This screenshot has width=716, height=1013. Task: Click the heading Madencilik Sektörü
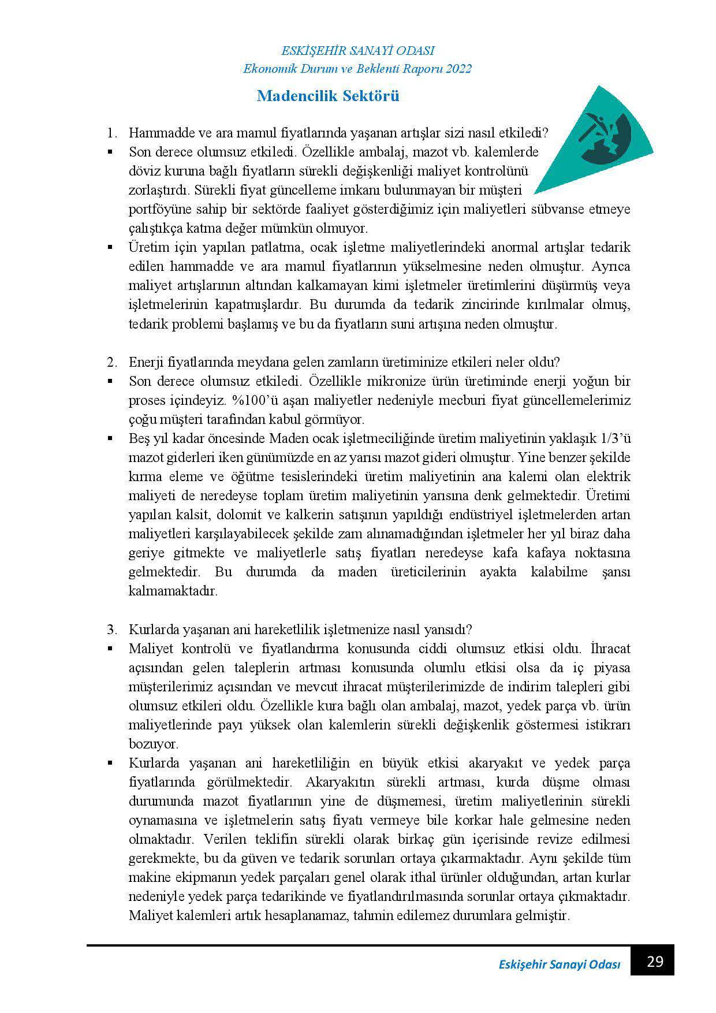pos(327,96)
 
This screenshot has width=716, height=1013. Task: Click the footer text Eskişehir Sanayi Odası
pos(559,965)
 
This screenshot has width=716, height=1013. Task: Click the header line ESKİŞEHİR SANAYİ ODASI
pos(357,51)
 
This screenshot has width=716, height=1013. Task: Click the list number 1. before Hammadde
pos(112,133)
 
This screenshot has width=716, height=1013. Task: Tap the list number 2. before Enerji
pos(112,363)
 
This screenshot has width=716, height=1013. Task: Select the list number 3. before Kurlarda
pos(112,630)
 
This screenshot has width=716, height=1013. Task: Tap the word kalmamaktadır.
pos(173,591)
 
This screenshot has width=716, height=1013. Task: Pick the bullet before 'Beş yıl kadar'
pos(109,439)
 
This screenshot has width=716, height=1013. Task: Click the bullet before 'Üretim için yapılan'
pos(109,248)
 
